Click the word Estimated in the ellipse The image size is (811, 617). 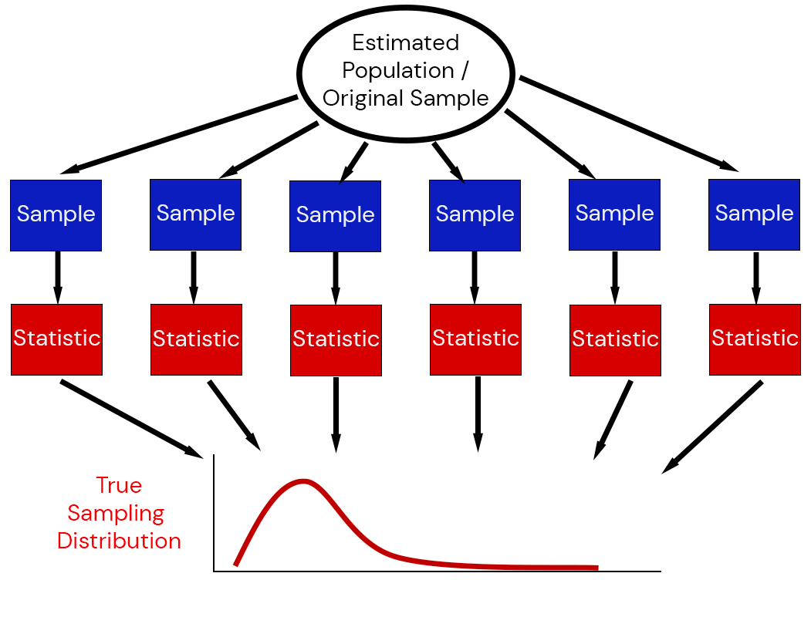pos(405,42)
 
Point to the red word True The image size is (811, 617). pos(119,485)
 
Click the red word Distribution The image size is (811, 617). pos(119,541)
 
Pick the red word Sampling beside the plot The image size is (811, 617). pos(116,513)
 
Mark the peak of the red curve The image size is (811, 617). pos(304,481)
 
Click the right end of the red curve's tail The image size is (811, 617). pos(596,568)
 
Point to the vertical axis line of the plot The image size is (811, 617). pos(214,513)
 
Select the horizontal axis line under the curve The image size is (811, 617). pos(437,571)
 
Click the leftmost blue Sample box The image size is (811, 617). pos(56,215)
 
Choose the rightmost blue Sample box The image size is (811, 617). pos(754,214)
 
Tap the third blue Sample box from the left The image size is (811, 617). pos(335,216)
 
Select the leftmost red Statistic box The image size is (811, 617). pos(56,339)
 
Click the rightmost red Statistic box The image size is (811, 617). pos(755,339)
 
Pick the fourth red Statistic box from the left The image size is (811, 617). pos(475,339)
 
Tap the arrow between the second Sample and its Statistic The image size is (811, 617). pos(194,277)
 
